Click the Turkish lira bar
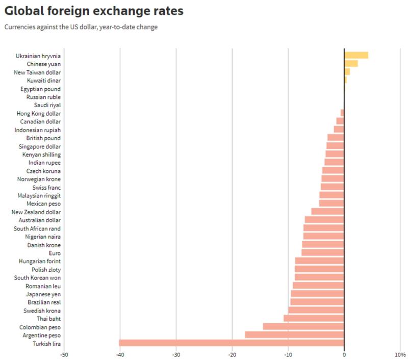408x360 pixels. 232,343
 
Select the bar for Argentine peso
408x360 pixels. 294,335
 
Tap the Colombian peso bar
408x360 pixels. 303,327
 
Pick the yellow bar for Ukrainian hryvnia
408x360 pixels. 356,56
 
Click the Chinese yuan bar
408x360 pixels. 351,64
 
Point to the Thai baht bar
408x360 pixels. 314,318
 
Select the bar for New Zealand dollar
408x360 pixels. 327,212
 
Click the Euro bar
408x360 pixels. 323,253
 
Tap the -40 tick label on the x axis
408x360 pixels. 120,354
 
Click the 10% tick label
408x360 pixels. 400,354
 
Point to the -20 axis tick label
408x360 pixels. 232,354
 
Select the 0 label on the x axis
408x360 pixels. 344,354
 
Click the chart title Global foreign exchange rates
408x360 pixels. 94,11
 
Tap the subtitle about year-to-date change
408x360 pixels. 81,27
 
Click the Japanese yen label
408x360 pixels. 43,294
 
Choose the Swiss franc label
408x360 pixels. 46,188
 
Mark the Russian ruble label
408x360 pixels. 43,97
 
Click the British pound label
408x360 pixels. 43,138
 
